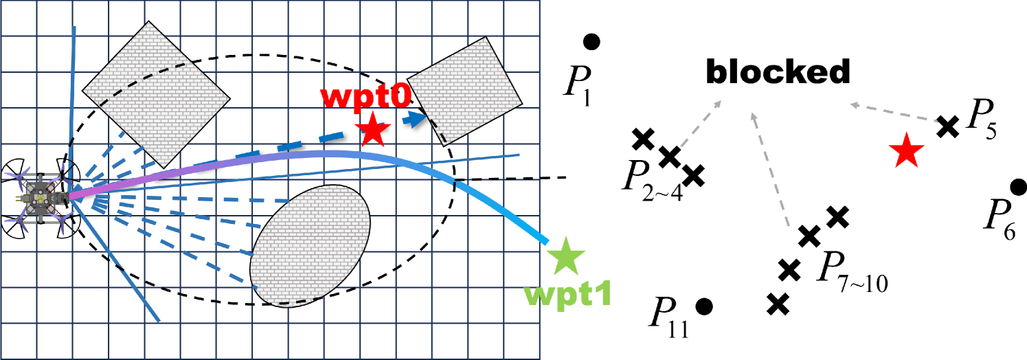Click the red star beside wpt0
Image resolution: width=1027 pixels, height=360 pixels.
373,129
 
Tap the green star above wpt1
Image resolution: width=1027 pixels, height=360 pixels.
565,256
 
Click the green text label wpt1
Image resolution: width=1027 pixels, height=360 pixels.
567,293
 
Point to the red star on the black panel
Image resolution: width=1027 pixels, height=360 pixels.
906,151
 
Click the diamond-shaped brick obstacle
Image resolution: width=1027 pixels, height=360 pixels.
156,93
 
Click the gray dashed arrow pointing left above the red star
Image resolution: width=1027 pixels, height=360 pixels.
893,113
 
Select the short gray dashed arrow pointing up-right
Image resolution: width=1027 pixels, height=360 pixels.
701,124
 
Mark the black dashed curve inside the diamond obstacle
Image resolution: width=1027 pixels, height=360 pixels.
144,81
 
